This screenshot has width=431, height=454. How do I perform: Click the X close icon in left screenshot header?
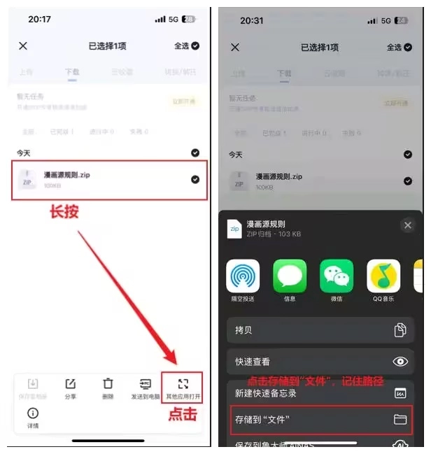point(23,46)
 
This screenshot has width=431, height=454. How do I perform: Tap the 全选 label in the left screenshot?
point(181,46)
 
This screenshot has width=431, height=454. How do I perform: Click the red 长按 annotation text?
point(64,212)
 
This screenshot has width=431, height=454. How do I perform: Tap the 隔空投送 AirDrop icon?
point(243,277)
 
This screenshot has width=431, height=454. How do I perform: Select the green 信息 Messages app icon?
point(290,277)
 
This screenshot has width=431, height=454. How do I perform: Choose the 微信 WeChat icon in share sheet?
point(337,277)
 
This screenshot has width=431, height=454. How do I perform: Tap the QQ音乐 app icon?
point(383,277)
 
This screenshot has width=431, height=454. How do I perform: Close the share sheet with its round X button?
point(408,225)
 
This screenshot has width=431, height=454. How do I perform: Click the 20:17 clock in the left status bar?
point(39,19)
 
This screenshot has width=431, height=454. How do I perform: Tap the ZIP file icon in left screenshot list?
point(27,179)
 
